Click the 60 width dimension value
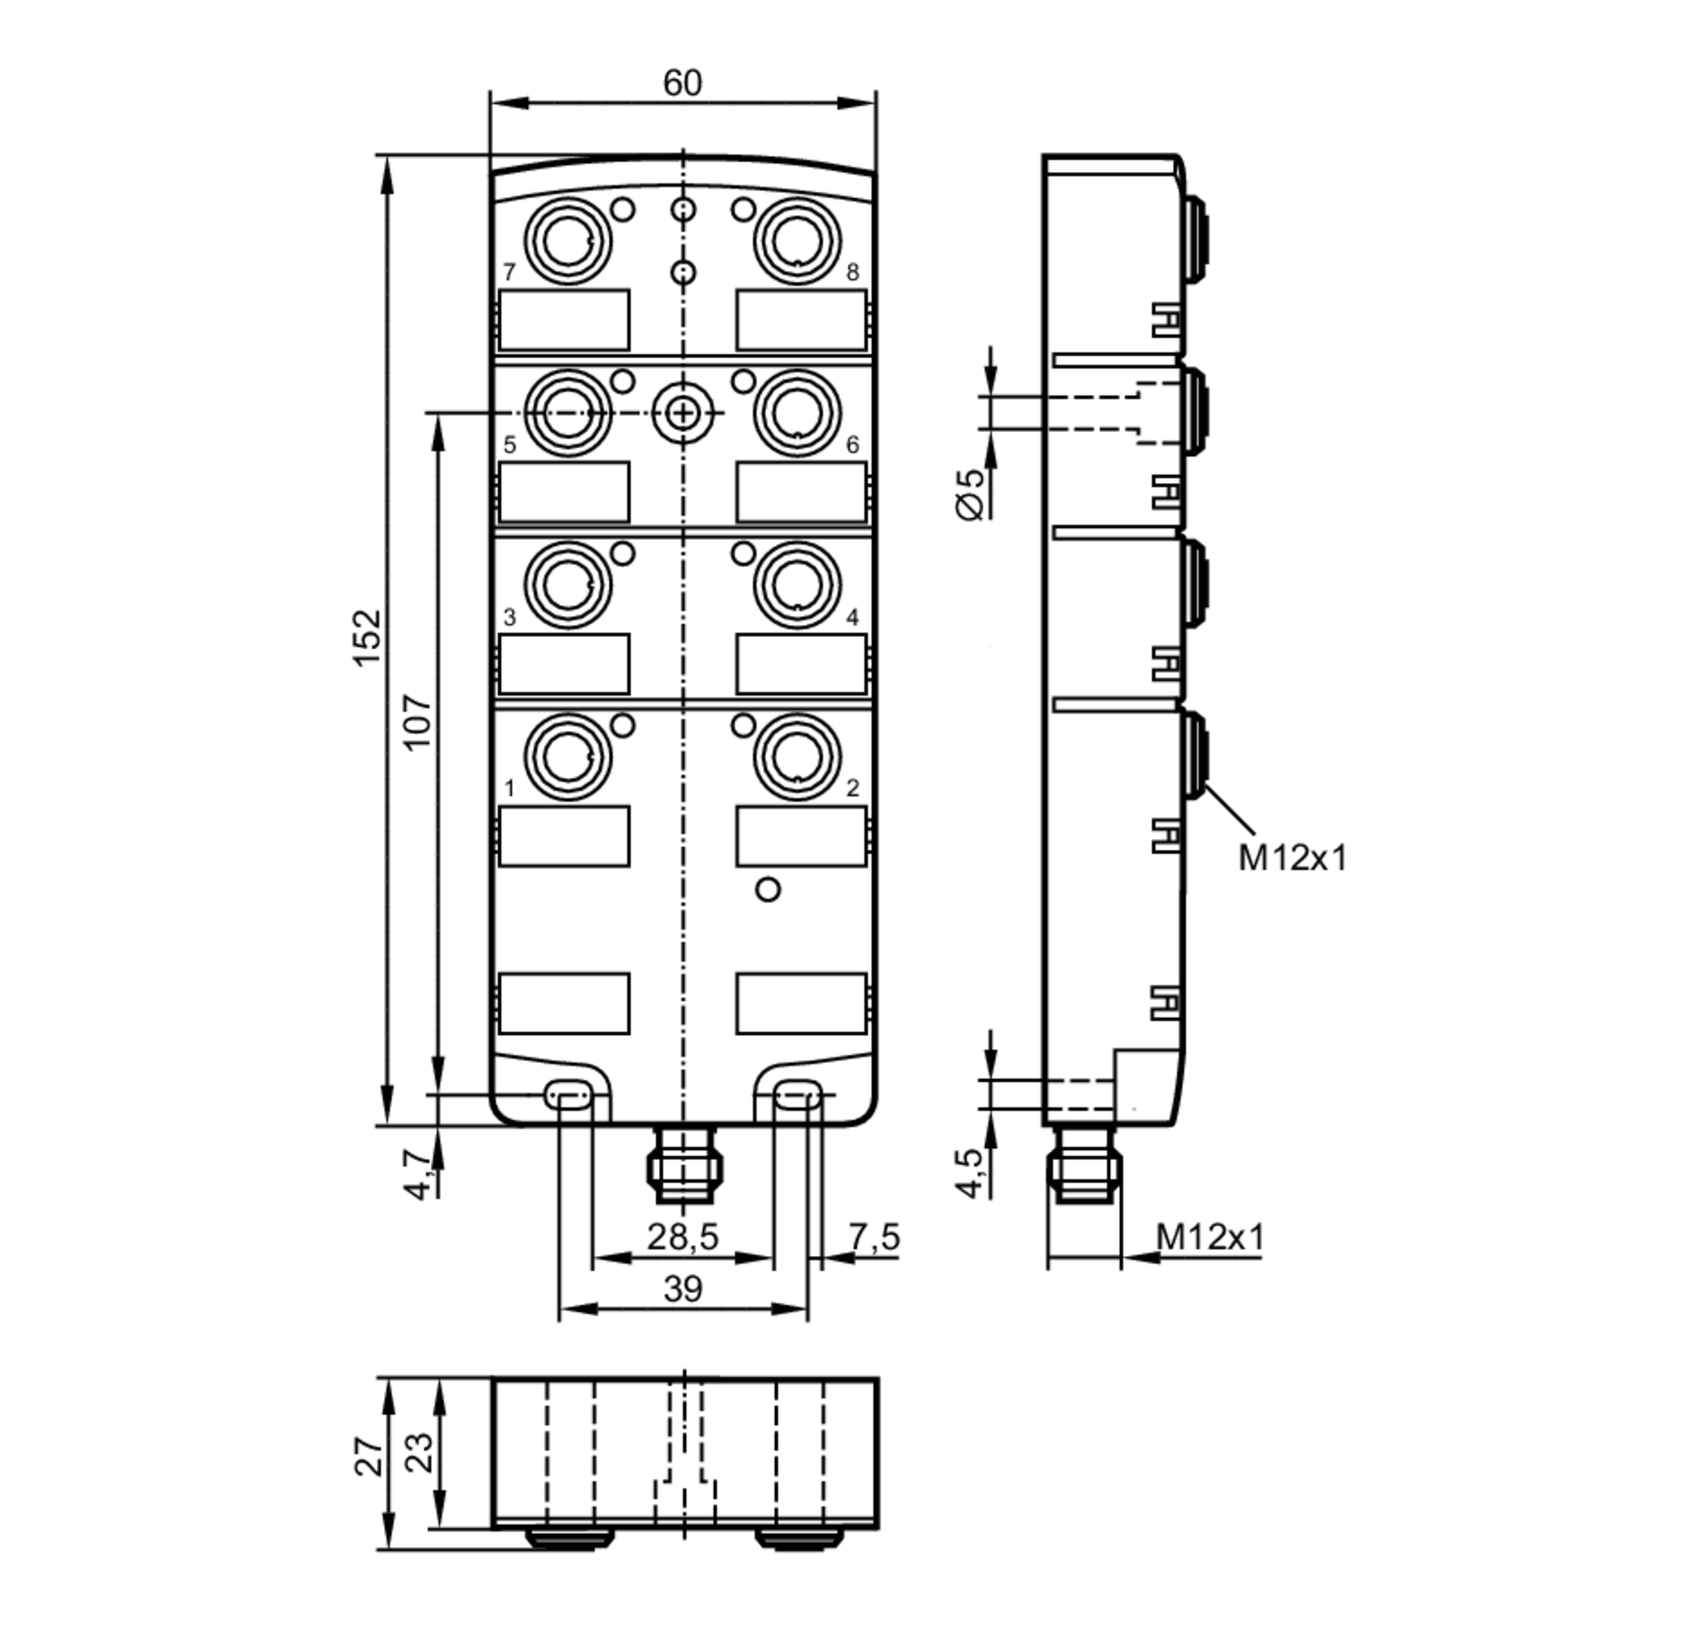(x=682, y=83)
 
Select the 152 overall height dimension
(x=367, y=637)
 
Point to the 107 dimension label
(x=417, y=722)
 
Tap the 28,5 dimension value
(x=683, y=1237)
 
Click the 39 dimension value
(x=683, y=1289)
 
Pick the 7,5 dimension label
(x=874, y=1237)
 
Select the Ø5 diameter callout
(x=972, y=494)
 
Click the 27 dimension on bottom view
(x=367, y=1456)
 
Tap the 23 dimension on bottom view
(x=418, y=1452)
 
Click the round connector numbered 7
(x=567, y=241)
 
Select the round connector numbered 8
(x=796, y=241)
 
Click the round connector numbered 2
(x=796, y=756)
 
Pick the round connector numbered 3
(x=567, y=585)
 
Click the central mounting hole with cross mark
(x=683, y=413)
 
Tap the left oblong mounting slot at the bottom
(x=568, y=1095)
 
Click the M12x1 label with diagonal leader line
(x=1291, y=857)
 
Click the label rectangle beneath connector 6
(x=801, y=491)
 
